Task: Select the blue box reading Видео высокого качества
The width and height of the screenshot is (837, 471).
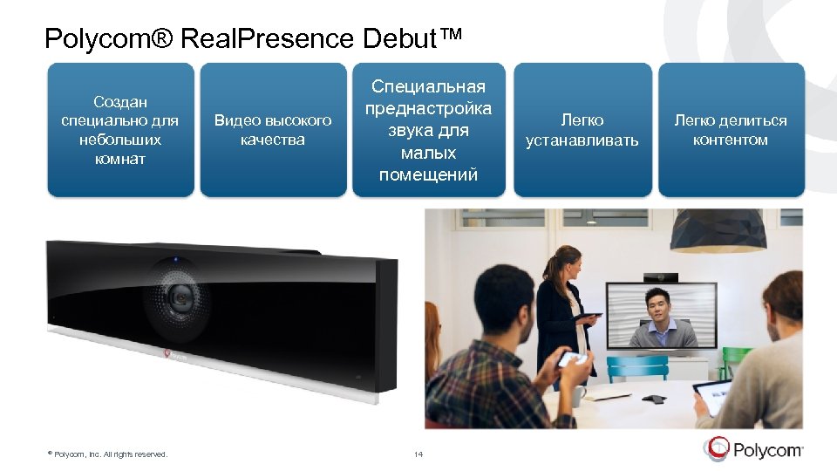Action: click(273, 129)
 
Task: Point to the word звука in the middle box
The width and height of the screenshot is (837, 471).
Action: click(428, 131)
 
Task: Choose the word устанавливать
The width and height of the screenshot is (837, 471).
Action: click(582, 140)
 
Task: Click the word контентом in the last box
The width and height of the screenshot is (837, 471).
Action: click(730, 140)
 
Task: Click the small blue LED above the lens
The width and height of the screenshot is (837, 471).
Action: click(175, 259)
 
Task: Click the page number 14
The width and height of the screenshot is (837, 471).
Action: click(418, 454)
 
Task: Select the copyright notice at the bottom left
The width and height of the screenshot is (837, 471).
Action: click(108, 454)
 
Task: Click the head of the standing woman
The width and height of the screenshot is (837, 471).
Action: click(567, 259)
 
